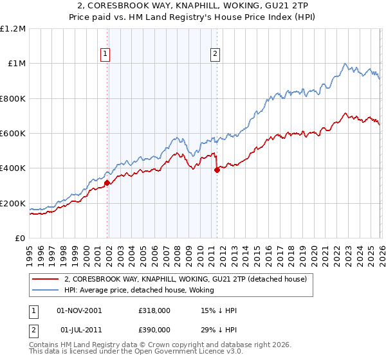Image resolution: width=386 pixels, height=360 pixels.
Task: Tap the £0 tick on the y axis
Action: point(20,238)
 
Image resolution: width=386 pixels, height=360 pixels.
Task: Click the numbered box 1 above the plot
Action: point(105,55)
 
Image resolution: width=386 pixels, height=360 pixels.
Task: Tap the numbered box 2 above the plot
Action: point(215,55)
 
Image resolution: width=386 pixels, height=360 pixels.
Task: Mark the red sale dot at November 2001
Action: point(107,183)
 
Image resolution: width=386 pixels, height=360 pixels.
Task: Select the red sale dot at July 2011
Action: point(217,170)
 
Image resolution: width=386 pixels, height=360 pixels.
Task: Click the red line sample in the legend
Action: point(46,280)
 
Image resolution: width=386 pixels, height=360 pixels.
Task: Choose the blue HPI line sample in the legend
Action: point(46,290)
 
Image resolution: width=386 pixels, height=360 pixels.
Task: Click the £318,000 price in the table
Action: point(154,310)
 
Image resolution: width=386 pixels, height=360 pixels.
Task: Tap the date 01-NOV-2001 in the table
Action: point(79,310)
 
